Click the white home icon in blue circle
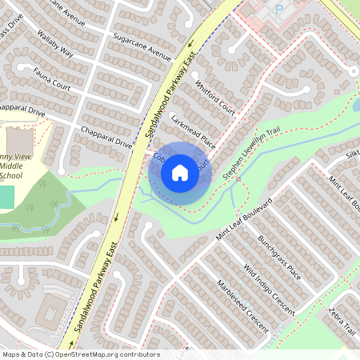pyautogui.click(x=180, y=172)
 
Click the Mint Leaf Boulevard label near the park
pyautogui.click(x=244, y=218)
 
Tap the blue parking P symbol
pyautogui.click(x=279, y=8)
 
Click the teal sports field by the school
pyautogui.click(x=6, y=197)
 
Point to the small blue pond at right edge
pyautogui.click(x=356, y=104)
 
